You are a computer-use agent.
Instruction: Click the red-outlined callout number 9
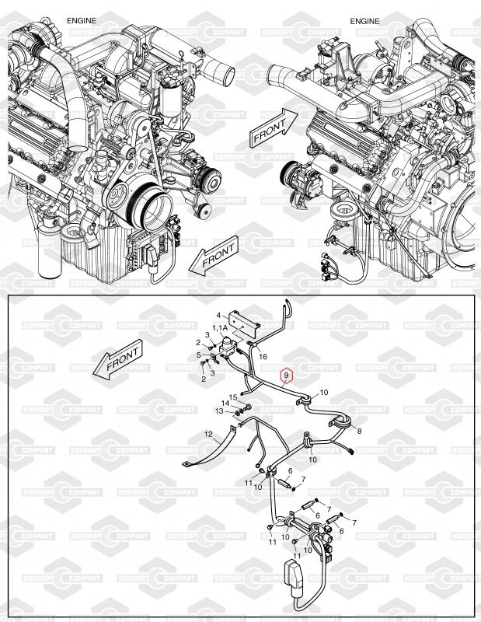pyautogui.click(x=287, y=376)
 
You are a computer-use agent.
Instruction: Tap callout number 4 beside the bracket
pyautogui.click(x=218, y=316)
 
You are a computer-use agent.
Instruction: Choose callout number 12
pyautogui.click(x=208, y=433)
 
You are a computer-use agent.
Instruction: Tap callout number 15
pyautogui.click(x=232, y=397)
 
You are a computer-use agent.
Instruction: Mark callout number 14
pyautogui.click(x=225, y=404)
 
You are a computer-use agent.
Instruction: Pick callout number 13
pyautogui.click(x=219, y=411)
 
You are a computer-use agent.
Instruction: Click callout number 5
pyautogui.click(x=199, y=355)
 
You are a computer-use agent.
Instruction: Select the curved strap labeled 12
pyautogui.click(x=210, y=454)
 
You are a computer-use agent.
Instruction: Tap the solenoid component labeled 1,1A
pyautogui.click(x=228, y=347)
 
